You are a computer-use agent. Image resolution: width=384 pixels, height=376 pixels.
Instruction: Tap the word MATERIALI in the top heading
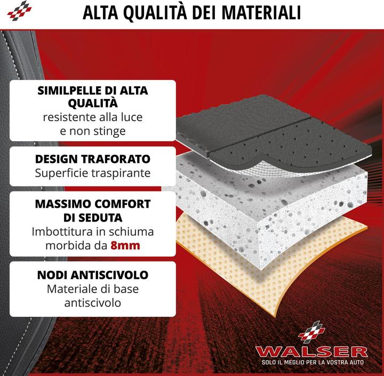point(261,13)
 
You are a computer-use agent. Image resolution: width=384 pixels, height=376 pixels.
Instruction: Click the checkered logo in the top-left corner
point(19,11)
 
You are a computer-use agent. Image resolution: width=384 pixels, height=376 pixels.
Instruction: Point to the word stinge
point(110,132)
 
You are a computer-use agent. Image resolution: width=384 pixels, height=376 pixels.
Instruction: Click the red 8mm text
point(125,246)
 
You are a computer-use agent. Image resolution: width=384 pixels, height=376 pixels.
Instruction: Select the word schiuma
point(131,232)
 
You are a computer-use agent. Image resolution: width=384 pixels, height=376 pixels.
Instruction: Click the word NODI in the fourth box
point(52,275)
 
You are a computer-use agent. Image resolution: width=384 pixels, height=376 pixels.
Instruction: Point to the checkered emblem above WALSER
point(312,332)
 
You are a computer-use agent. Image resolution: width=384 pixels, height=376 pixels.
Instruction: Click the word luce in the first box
point(132,117)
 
